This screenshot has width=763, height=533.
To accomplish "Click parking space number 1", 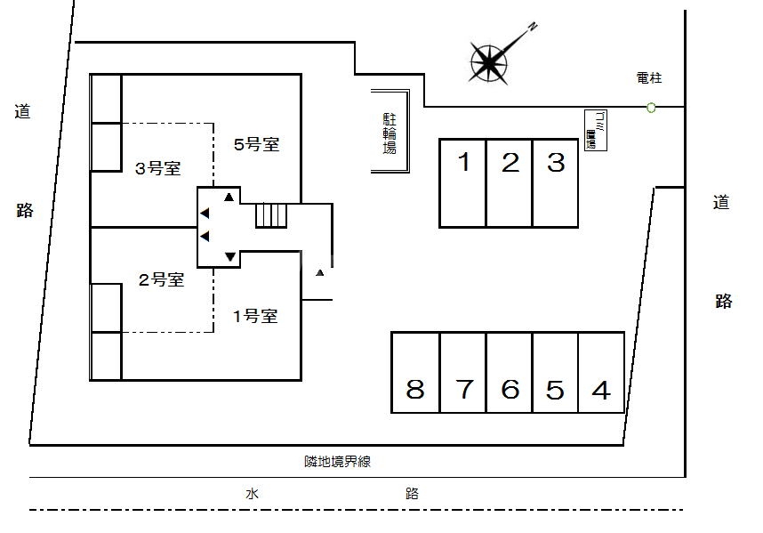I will click(x=463, y=182).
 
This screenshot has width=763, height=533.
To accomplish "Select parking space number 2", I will click(x=510, y=182).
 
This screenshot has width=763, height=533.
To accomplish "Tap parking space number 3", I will click(x=556, y=182).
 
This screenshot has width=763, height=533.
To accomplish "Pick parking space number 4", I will click(x=601, y=373).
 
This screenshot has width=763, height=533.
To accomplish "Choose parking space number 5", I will click(x=555, y=373).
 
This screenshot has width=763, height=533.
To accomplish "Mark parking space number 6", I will click(x=510, y=373).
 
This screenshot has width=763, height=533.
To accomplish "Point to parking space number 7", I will click(x=463, y=373).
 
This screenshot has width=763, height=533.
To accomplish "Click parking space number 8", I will click(x=415, y=373).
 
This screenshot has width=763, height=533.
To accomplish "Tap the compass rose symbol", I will click(x=489, y=61).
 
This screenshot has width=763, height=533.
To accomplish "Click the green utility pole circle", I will click(x=652, y=108).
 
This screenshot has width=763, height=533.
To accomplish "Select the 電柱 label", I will click(x=650, y=78).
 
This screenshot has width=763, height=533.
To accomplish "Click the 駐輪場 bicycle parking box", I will click(x=390, y=133).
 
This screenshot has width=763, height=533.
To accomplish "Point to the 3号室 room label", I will click(x=158, y=167).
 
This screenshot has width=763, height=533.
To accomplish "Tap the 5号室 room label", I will click(x=257, y=144).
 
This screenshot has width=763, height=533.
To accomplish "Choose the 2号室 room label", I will click(x=161, y=279).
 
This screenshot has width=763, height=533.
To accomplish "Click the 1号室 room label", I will click(x=255, y=316).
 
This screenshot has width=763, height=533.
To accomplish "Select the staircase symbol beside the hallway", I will click(x=272, y=215).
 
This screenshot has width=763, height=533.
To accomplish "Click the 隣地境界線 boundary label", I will click(x=337, y=461).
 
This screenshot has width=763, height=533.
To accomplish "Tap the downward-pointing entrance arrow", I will click(x=230, y=257).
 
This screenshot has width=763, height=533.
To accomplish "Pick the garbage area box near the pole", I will click(x=594, y=131).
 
